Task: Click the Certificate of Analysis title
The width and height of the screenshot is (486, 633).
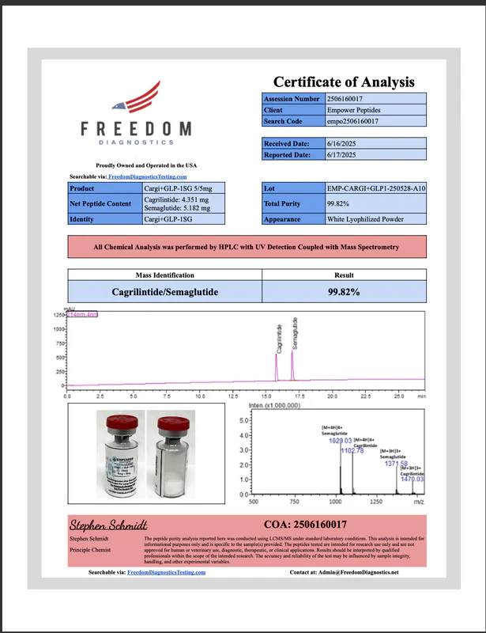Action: pyautogui.click(x=344, y=81)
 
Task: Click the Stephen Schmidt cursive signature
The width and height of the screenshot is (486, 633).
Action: pyautogui.click(x=100, y=525)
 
